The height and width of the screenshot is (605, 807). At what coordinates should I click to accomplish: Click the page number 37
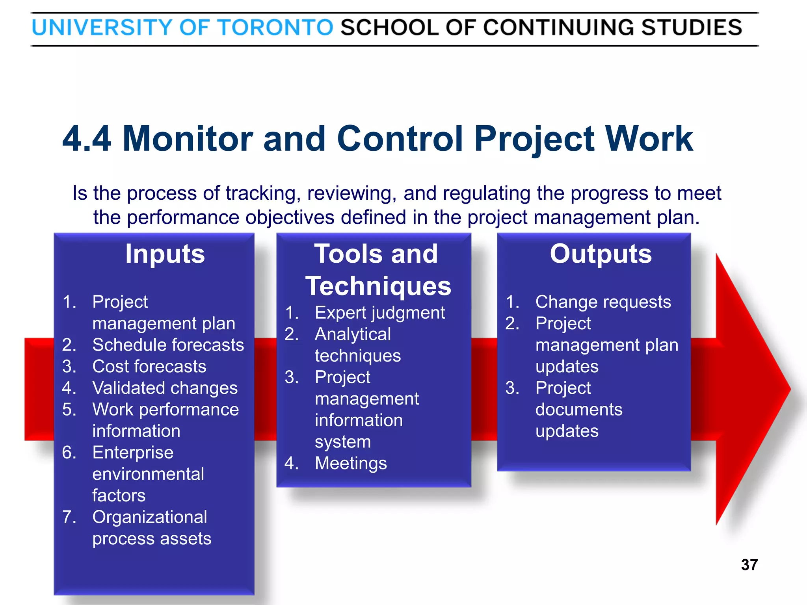(x=749, y=565)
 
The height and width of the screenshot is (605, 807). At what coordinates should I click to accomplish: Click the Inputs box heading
(x=165, y=254)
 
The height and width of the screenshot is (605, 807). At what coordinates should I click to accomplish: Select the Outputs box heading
(x=601, y=254)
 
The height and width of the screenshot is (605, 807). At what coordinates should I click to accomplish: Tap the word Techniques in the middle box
(x=378, y=286)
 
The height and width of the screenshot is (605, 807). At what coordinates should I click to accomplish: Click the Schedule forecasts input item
(x=168, y=345)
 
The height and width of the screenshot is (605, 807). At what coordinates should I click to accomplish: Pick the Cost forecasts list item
(x=149, y=367)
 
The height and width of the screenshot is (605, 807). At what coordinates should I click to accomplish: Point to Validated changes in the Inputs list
(x=165, y=388)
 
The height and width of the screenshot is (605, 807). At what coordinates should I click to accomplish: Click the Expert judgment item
(x=379, y=313)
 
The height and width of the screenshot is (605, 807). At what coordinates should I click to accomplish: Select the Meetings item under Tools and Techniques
(x=351, y=464)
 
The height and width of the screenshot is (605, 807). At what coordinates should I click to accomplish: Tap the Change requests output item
(x=603, y=302)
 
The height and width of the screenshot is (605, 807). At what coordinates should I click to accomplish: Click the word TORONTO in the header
(x=275, y=28)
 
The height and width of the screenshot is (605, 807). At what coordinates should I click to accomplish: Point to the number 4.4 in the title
(x=87, y=139)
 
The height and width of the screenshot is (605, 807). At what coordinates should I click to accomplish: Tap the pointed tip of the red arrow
(x=789, y=389)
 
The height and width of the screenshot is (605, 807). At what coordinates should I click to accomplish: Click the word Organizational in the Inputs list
(x=150, y=517)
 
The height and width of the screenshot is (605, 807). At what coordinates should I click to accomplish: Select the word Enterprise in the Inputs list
(x=133, y=453)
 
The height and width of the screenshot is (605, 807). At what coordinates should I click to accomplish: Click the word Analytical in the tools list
(x=353, y=334)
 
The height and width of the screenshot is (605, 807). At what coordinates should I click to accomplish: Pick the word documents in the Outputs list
(x=579, y=410)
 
